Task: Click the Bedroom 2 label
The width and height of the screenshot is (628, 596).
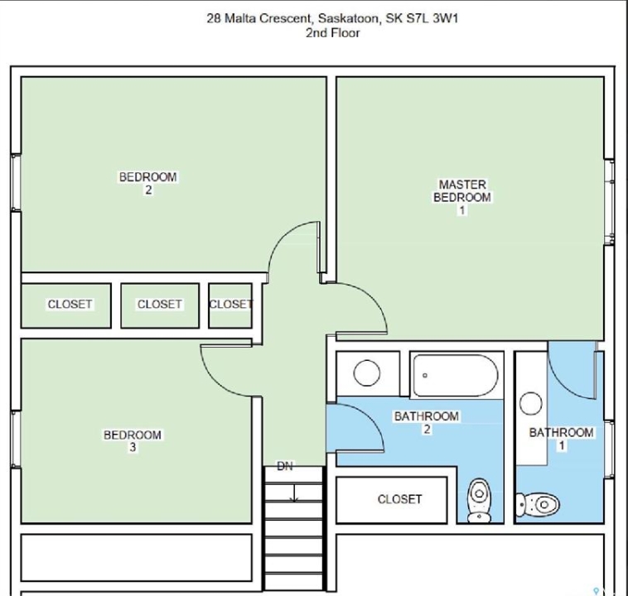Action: tap(147, 183)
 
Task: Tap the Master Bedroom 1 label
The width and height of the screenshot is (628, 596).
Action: tap(462, 197)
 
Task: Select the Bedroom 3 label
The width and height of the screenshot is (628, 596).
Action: tap(133, 440)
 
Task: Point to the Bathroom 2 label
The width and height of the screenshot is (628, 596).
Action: tap(427, 422)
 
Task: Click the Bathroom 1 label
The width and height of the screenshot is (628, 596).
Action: tap(561, 439)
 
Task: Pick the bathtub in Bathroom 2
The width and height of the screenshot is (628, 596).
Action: tap(456, 375)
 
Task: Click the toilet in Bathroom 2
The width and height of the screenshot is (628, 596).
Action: tap(480, 500)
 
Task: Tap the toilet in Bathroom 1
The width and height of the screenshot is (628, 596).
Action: tap(538, 504)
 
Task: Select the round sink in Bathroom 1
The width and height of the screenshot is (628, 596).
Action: tap(531, 403)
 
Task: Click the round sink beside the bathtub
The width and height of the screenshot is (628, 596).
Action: tap(367, 373)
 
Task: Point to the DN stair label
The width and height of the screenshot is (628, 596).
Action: tap(285, 466)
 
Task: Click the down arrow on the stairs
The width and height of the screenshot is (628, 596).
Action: tap(295, 493)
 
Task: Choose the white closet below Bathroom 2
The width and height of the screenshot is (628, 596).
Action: tap(392, 500)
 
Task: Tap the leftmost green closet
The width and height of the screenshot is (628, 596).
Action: tap(66, 305)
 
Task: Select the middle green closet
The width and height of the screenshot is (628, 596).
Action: tap(160, 305)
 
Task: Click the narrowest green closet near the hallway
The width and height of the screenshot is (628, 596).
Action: tap(230, 305)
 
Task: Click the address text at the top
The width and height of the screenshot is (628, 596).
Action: tap(332, 18)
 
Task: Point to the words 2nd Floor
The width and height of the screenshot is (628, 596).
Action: tap(332, 33)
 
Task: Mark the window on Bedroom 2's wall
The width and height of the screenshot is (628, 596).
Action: tap(16, 182)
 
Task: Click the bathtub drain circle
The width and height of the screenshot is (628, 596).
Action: tap(425, 376)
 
